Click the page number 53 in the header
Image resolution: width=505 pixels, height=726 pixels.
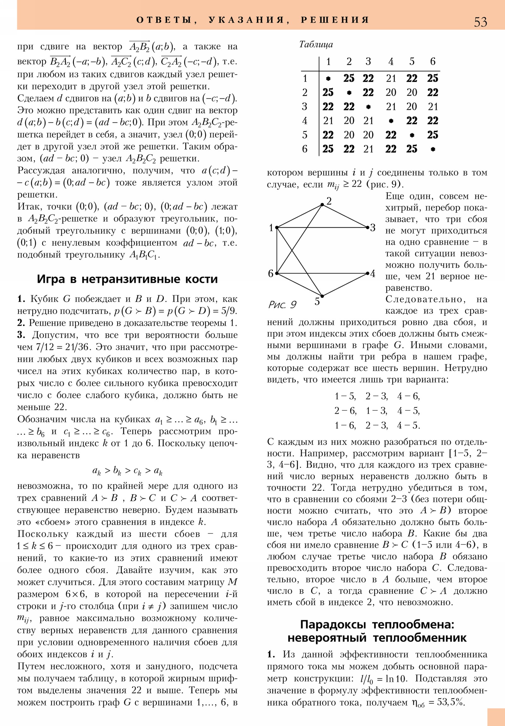coord(480,22)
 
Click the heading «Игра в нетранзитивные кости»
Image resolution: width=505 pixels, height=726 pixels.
coord(127,279)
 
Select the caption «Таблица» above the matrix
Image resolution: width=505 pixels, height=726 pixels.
coord(316,44)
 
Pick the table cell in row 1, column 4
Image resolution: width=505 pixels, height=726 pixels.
coord(391,78)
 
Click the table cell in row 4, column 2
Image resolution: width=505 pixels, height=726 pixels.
coord(349,121)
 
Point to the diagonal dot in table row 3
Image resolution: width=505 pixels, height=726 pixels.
coord(368,107)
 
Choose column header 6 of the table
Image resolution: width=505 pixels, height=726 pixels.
coord(433,61)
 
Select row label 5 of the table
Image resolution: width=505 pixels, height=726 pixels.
coord(305,135)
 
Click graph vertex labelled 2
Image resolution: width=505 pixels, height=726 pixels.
coord(322,205)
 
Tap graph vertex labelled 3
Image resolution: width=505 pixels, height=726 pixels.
coord(367,227)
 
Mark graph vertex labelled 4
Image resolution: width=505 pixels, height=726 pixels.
coord(367,273)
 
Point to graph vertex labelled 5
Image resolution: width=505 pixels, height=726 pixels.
coord(322,296)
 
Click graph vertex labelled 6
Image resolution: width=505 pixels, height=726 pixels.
coord(277,273)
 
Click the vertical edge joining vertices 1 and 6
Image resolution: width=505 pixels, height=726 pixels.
coord(277,250)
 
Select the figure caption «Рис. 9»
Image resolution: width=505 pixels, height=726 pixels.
coord(282,305)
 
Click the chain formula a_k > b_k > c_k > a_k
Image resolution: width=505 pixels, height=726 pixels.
coord(127,471)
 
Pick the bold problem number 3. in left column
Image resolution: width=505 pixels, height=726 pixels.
coord(21,335)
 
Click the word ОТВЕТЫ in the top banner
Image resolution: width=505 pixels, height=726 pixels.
coord(163,20)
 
